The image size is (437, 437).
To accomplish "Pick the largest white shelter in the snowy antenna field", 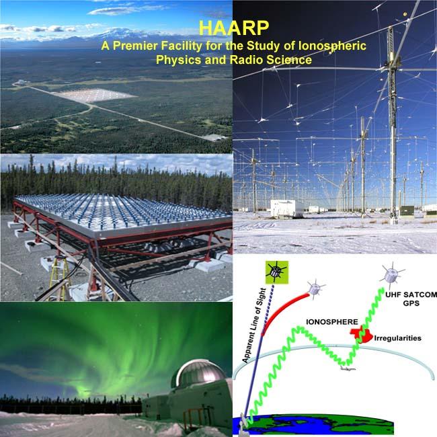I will pyautogui.click(x=289, y=208).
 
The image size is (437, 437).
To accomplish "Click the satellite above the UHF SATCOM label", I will pyautogui.click(x=391, y=275).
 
